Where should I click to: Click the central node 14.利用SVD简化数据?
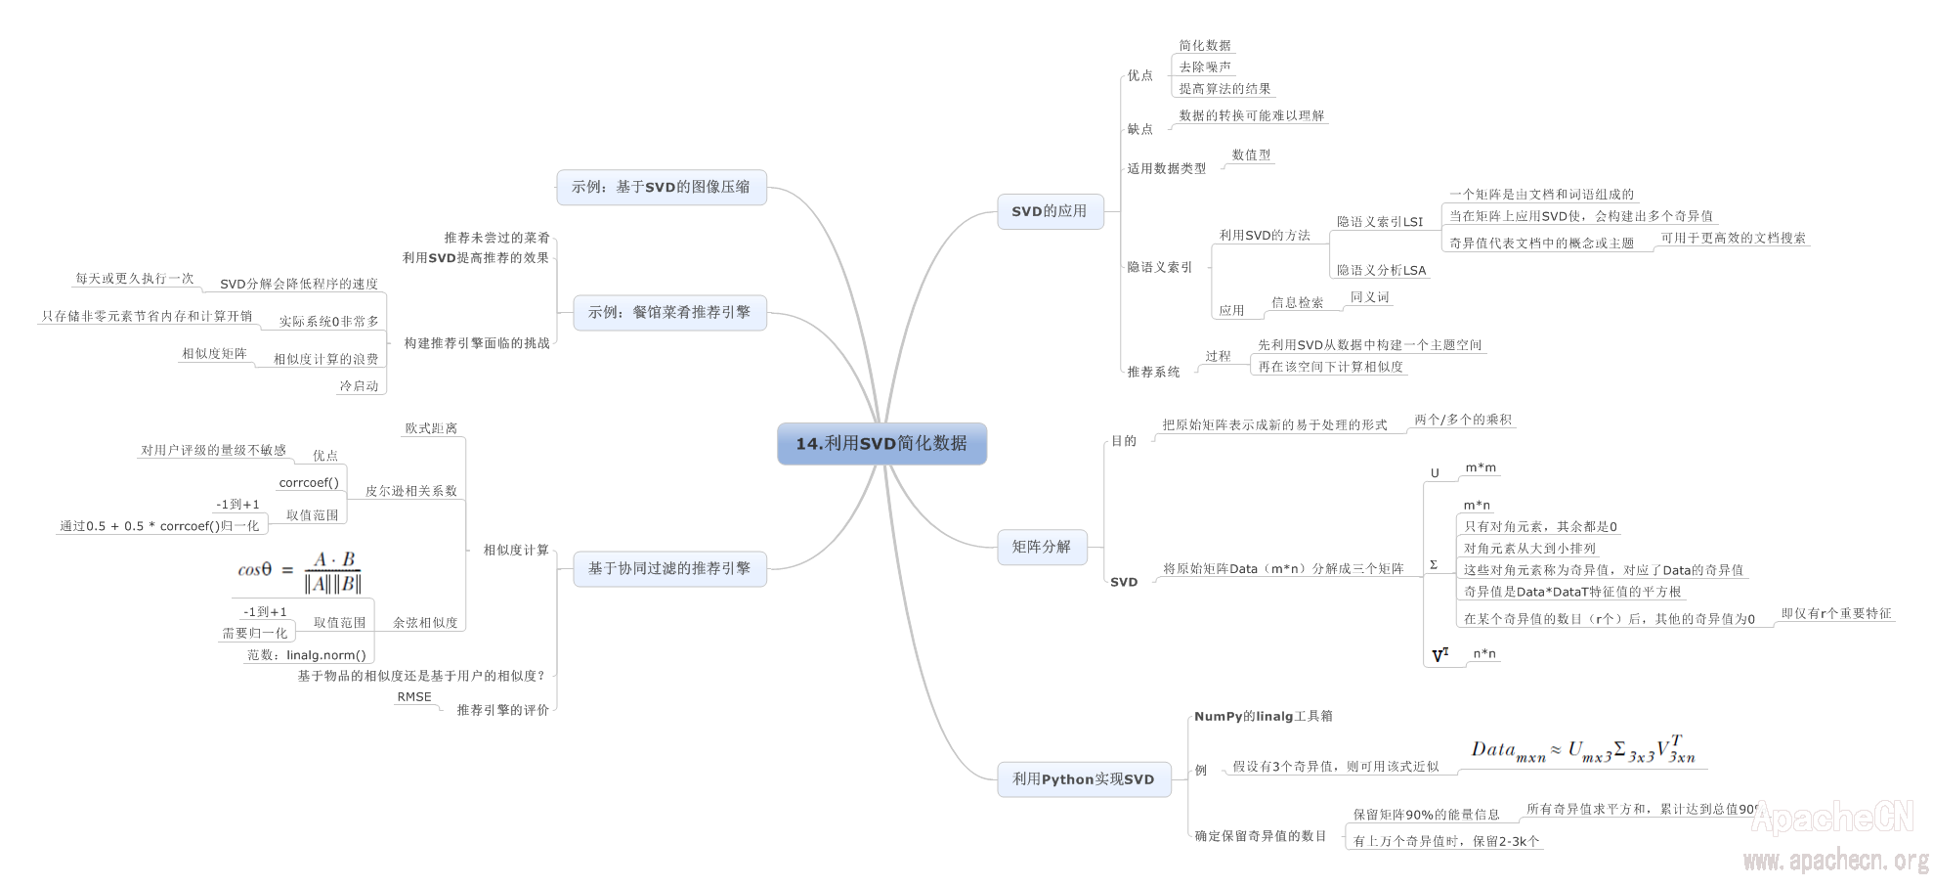click(x=881, y=444)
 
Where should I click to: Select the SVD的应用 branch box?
click(x=1050, y=211)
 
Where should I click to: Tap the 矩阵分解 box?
click(x=1041, y=547)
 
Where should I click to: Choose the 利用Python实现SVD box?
click(x=1083, y=779)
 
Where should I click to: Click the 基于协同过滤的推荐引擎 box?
click(x=669, y=568)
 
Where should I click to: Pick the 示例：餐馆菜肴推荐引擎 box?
click(x=669, y=313)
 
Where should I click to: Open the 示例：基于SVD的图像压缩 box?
click(x=661, y=187)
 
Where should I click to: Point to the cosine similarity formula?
click(x=301, y=571)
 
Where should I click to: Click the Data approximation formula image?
click(x=1583, y=751)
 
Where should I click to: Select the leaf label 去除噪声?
click(x=1205, y=67)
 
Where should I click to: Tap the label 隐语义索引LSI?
click(x=1380, y=222)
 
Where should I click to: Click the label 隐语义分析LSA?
click(x=1381, y=271)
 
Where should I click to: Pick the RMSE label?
click(x=414, y=697)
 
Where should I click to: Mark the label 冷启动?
click(x=359, y=386)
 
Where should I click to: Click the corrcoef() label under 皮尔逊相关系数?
click(x=309, y=483)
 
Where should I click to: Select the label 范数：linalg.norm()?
click(x=307, y=655)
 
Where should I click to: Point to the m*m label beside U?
click(x=1481, y=468)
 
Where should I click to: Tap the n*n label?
click(x=1484, y=654)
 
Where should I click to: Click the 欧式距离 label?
click(x=431, y=428)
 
